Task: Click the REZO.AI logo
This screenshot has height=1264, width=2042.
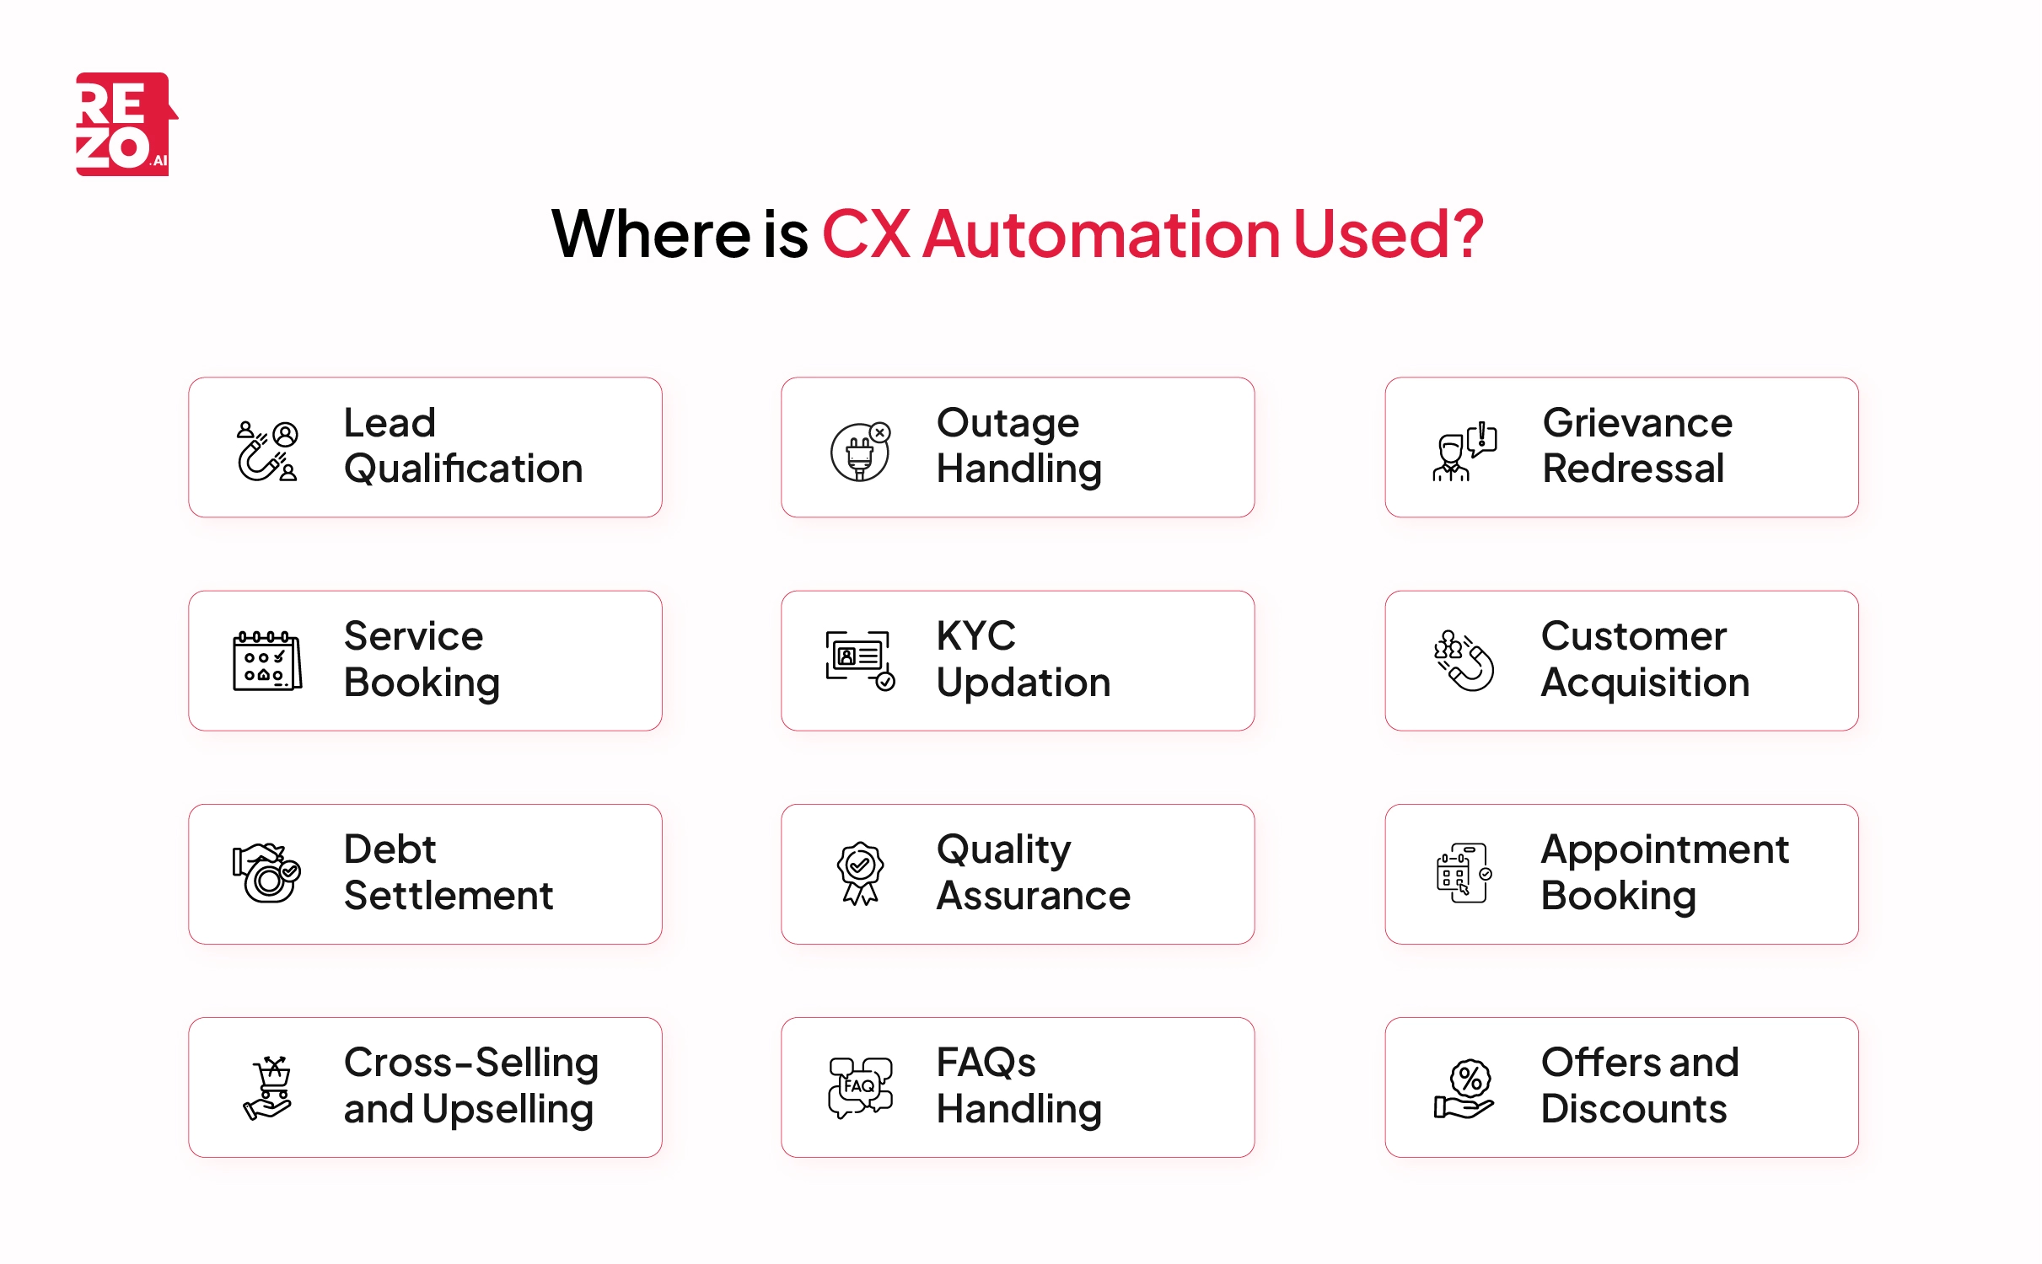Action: tap(125, 125)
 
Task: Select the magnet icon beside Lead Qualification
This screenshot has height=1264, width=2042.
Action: tap(266, 452)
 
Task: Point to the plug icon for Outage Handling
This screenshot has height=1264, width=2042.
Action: tap(860, 453)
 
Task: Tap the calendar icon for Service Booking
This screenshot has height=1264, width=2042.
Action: tap(266, 661)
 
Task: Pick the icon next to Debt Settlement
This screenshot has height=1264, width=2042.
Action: tap(266, 873)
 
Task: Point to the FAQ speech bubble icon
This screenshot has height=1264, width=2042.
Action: tap(860, 1087)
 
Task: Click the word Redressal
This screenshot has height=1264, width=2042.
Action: tap(1633, 469)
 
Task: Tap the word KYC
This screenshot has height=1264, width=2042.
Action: tap(975, 636)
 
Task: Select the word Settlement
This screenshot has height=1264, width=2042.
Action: tap(449, 896)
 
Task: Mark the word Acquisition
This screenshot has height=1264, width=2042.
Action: tap(1645, 683)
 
